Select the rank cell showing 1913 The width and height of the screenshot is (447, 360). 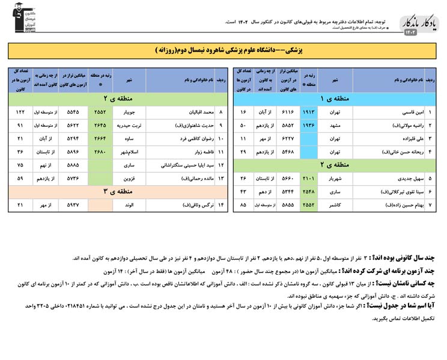click(308, 112)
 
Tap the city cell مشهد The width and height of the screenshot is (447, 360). click(335, 126)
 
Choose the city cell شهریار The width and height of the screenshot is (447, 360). click(334, 178)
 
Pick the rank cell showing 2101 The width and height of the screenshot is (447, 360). click(308, 178)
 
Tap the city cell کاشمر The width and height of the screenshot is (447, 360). click(334, 205)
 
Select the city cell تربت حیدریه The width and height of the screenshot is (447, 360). click(129, 126)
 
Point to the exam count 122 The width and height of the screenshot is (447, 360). click(20, 112)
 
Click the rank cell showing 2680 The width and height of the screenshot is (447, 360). click(100, 152)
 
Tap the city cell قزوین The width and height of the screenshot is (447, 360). click(130, 178)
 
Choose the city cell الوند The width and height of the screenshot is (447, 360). click(130, 205)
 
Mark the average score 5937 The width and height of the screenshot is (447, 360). click(73, 205)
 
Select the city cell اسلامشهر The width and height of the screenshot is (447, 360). click(129, 152)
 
